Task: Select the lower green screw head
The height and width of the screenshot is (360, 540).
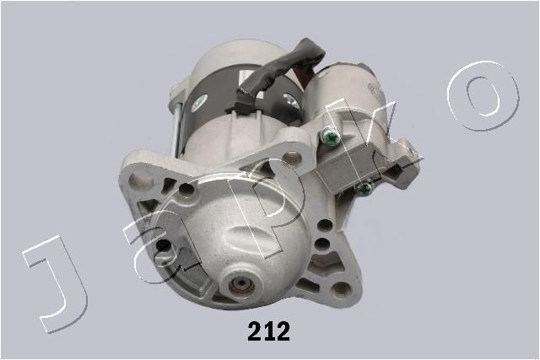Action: click(364, 188)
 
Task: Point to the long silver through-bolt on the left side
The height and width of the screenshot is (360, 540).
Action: click(175, 127)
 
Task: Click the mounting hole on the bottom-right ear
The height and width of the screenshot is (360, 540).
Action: click(341, 289)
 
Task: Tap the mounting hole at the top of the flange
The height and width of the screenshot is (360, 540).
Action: click(293, 157)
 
